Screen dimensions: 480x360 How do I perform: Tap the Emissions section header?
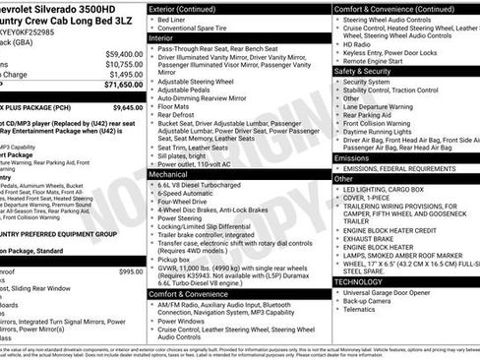352,157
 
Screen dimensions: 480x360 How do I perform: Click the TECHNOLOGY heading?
359,281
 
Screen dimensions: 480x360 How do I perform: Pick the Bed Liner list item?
176,20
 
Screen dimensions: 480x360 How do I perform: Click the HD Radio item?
357,44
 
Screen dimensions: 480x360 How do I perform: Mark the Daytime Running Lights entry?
384,132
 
